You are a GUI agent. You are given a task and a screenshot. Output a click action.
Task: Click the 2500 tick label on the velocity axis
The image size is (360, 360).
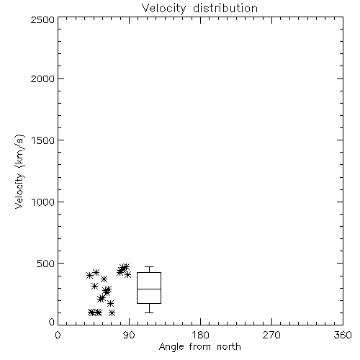pos(42,19)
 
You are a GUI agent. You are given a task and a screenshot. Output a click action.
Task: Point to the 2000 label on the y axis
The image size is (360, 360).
pos(42,78)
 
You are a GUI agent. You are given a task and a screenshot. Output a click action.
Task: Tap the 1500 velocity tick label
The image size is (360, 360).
pos(43,140)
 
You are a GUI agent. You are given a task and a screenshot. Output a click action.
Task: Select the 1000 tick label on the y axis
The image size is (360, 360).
pos(43,202)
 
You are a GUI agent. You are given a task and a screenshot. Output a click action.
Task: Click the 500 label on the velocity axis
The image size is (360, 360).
pos(46,264)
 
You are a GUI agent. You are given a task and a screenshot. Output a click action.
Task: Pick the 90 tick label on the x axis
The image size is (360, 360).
pos(129,335)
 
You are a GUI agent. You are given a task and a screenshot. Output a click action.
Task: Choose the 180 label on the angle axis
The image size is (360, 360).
pos(200,335)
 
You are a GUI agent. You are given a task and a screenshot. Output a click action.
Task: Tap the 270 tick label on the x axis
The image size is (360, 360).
pos(271,335)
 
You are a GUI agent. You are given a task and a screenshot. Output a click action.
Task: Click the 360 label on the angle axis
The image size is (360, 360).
pos(343,335)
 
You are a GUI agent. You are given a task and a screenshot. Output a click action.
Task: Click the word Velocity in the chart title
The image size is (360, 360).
pos(164,9)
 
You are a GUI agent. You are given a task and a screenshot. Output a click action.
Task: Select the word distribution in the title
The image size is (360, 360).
pos(225,8)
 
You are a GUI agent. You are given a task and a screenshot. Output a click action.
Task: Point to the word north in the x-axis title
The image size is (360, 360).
pos(229,346)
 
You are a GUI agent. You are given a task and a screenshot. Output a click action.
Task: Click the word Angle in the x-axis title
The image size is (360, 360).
pos(171,347)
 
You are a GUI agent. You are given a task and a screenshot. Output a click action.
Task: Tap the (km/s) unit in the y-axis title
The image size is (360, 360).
pos(19,150)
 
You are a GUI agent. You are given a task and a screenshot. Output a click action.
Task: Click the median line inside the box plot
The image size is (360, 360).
pos(149,289)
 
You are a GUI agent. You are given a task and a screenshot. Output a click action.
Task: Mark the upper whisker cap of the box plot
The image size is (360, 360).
pos(149,266)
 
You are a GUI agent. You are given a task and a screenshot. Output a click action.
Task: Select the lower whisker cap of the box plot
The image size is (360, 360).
pos(149,312)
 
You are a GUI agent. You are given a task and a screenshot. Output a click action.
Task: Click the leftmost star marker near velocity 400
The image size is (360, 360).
pos(89,276)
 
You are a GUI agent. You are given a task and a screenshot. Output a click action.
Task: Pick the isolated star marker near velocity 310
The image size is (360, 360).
pos(95,286)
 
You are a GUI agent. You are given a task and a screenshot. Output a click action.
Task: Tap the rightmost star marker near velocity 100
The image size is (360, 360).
pos(112,312)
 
